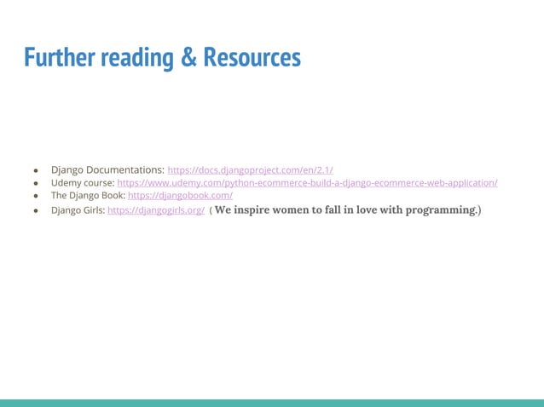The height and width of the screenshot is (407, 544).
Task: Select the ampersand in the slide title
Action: click(188, 57)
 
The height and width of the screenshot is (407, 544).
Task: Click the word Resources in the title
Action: click(252, 57)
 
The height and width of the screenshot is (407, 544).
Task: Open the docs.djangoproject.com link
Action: click(250, 170)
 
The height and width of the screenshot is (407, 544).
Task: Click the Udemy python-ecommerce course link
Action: click(307, 183)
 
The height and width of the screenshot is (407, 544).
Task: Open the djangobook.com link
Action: click(180, 196)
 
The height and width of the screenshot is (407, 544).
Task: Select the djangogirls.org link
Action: click(156, 210)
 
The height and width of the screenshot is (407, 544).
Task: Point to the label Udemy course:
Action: click(83, 183)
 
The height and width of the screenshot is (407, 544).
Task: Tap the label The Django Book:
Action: click(88, 196)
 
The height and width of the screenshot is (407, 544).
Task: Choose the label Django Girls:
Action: click(78, 210)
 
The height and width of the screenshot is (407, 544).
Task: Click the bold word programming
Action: click(435, 210)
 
